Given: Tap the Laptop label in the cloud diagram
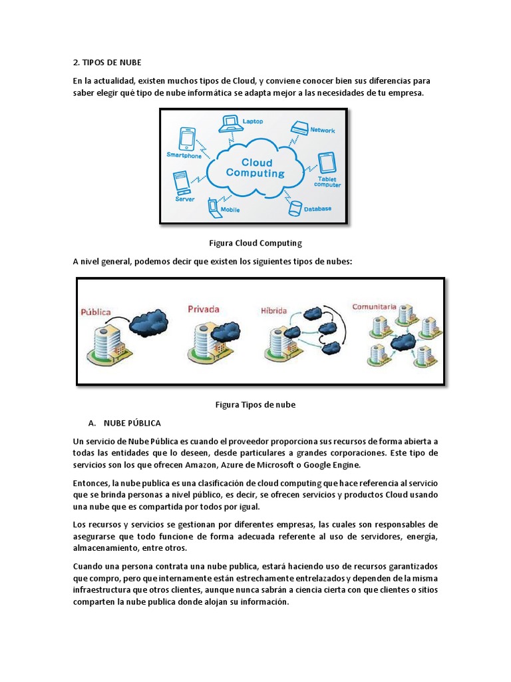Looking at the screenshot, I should click(x=252, y=121).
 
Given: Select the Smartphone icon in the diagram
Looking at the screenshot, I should click(x=187, y=140).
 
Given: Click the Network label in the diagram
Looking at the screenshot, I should click(x=322, y=130).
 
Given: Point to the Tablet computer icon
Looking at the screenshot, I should click(x=326, y=163).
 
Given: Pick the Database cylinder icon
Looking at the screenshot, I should click(x=295, y=208).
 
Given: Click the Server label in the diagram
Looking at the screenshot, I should click(x=184, y=198).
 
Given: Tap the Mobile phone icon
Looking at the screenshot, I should click(x=214, y=206).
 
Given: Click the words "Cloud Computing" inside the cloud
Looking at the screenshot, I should click(x=255, y=167).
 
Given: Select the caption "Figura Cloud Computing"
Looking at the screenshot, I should click(x=255, y=243).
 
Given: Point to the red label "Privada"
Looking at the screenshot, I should click(x=204, y=308).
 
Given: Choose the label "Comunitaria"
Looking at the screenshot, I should click(x=375, y=307).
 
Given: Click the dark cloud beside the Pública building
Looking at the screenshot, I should click(x=148, y=322).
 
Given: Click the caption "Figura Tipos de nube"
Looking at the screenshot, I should click(x=255, y=404).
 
